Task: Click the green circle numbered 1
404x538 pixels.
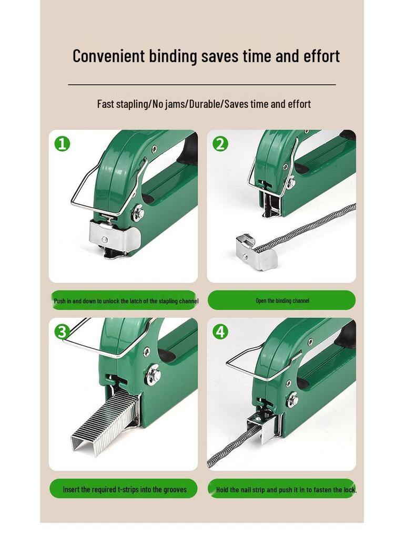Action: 62,143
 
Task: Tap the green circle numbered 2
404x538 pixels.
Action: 220,143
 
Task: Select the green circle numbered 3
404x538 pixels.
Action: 62,332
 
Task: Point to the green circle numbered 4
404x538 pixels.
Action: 220,332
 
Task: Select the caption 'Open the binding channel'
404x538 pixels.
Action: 282,301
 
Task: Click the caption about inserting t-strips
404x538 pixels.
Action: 124,489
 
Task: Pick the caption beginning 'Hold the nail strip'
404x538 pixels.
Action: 286,490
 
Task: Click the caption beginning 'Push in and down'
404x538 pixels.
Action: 126,301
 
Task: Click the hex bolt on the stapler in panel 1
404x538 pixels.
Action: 138,213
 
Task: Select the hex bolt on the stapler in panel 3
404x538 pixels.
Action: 154,375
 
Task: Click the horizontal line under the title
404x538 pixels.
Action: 202,84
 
